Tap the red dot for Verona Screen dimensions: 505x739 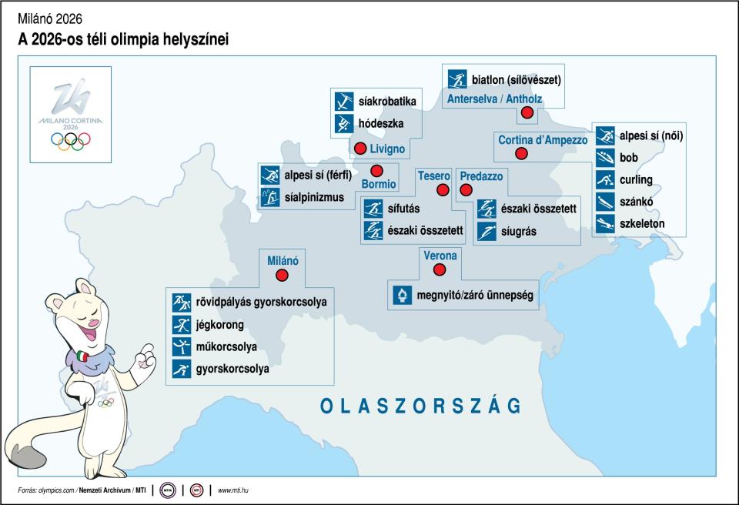point(440,269)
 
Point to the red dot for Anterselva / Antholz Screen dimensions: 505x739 point(527,113)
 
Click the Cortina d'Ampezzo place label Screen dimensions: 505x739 point(543,140)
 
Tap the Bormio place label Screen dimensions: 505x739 point(379,184)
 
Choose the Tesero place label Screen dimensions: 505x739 point(433,176)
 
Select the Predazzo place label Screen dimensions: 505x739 point(481,176)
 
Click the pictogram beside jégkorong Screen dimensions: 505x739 point(181,324)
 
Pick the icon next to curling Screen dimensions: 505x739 point(606,180)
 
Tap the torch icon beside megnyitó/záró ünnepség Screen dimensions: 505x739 point(401,295)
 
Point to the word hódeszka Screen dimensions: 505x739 point(381,123)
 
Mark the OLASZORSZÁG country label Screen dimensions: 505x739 point(420,406)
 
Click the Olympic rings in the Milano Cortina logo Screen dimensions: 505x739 point(70,140)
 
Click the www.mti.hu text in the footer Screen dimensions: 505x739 point(238,490)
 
